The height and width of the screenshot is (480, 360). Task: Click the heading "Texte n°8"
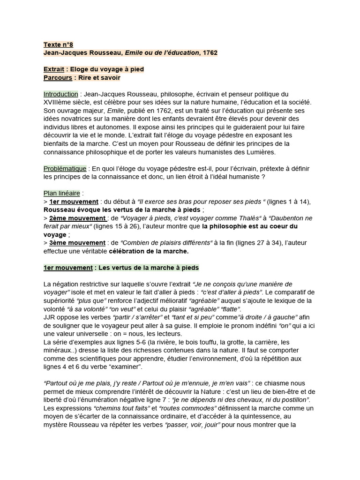[x=58, y=45]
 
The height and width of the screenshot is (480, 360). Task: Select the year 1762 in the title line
[x=210, y=53]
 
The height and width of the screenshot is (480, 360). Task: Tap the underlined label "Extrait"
[x=55, y=69]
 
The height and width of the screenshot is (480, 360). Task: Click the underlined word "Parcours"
[x=58, y=78]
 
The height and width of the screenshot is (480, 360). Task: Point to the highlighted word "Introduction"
[x=60, y=94]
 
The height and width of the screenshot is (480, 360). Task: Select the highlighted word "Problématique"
[x=65, y=168]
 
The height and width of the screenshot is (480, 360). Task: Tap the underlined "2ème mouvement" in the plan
[x=77, y=218]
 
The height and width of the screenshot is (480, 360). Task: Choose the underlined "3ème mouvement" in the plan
[x=77, y=242]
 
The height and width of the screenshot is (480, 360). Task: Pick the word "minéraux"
[x=58, y=350]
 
